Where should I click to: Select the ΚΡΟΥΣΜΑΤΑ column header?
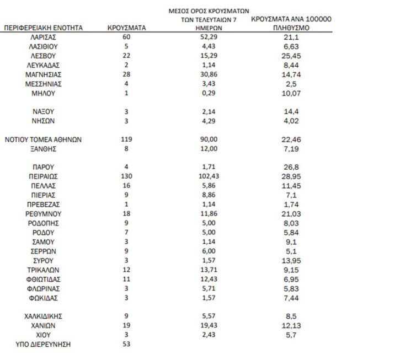[127, 28]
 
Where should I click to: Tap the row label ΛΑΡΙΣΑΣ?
[43, 37]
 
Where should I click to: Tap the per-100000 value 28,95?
[291, 176]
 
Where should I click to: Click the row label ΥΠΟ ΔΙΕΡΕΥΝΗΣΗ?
[43, 345]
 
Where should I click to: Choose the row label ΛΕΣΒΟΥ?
[43, 56]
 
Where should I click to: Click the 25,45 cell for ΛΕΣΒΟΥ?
[291, 56]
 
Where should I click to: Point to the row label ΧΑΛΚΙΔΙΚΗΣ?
[43, 316]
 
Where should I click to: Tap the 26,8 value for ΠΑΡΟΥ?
[291, 167]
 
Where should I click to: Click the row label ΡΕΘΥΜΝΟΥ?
[43, 214]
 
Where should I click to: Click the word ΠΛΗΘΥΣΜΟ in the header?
[291, 28]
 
